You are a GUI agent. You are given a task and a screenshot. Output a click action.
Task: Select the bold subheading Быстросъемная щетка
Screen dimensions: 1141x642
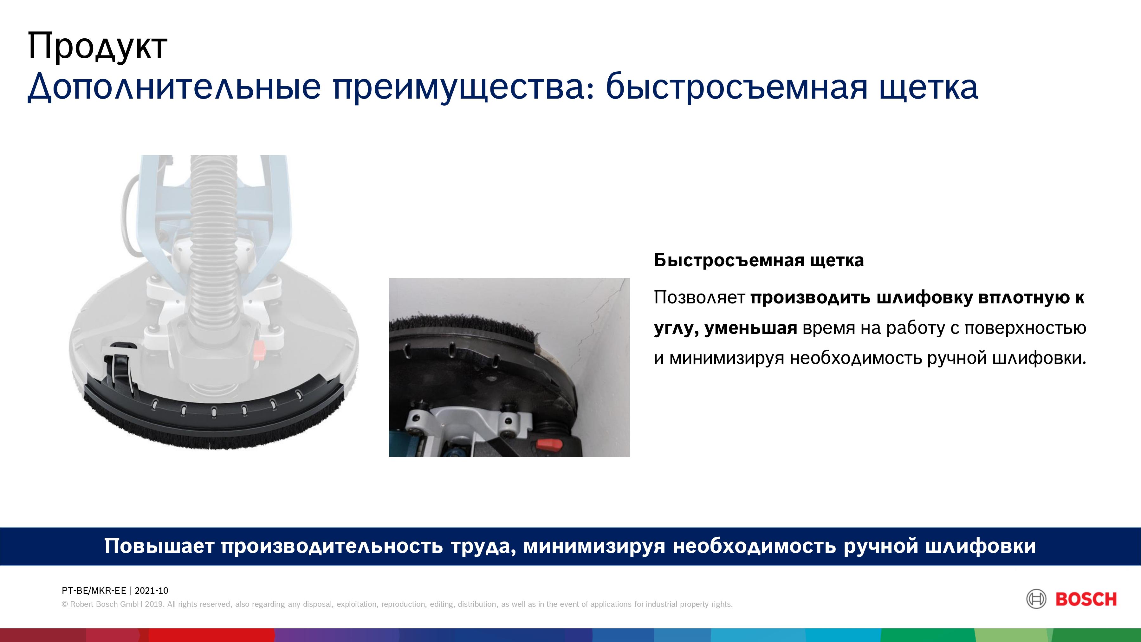(x=759, y=261)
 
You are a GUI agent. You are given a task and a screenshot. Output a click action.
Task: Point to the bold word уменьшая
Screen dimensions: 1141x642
(x=751, y=328)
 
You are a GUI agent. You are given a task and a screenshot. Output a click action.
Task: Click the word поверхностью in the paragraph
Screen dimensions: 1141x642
(x=1025, y=329)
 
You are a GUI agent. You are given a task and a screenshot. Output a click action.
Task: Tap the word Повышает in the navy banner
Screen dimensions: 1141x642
(x=159, y=546)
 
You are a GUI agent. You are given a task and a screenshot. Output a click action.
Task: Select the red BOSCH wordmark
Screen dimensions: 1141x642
(x=1086, y=600)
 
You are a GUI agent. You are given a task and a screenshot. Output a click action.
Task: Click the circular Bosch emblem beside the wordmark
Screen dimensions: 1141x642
(x=1036, y=600)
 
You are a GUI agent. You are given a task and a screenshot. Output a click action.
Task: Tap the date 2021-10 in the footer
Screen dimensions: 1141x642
(x=152, y=591)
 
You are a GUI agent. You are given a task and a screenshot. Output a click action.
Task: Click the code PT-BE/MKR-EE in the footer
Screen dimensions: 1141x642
(x=94, y=591)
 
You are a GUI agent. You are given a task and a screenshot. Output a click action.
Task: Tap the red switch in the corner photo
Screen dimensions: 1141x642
(x=549, y=444)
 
